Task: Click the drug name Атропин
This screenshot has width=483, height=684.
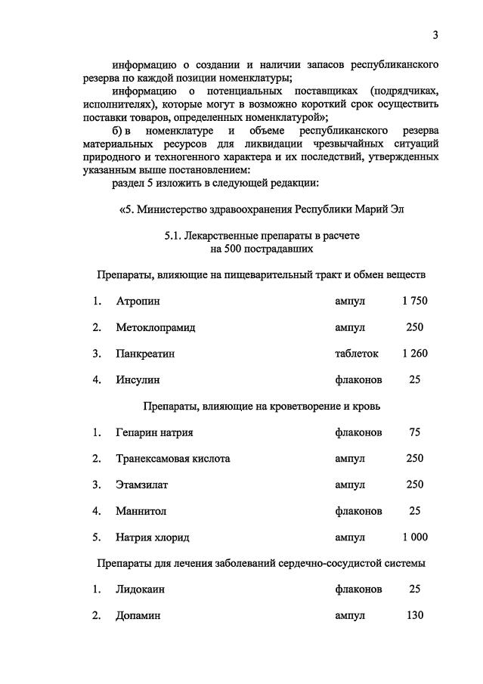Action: [138, 301]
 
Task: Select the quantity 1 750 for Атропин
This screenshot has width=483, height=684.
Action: [415, 301]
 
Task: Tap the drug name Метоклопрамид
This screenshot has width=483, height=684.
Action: [156, 327]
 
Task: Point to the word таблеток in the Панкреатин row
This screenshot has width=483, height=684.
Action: [357, 353]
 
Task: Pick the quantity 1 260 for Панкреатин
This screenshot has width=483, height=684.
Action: [415, 353]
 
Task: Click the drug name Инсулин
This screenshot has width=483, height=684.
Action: [138, 379]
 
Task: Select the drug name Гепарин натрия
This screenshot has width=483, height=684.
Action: [154, 432]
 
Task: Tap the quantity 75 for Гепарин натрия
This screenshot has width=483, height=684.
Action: [414, 432]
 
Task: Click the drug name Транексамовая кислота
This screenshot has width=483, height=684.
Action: [173, 458]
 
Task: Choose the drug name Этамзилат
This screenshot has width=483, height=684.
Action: [142, 484]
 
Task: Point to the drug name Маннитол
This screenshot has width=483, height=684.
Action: [141, 511]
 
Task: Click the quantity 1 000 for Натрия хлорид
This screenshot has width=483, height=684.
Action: [415, 537]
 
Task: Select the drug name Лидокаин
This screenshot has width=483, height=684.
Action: [141, 589]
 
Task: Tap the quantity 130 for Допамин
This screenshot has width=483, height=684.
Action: [414, 615]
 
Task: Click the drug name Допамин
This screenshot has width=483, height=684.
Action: [138, 615]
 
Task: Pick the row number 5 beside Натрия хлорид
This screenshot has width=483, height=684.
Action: [97, 537]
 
